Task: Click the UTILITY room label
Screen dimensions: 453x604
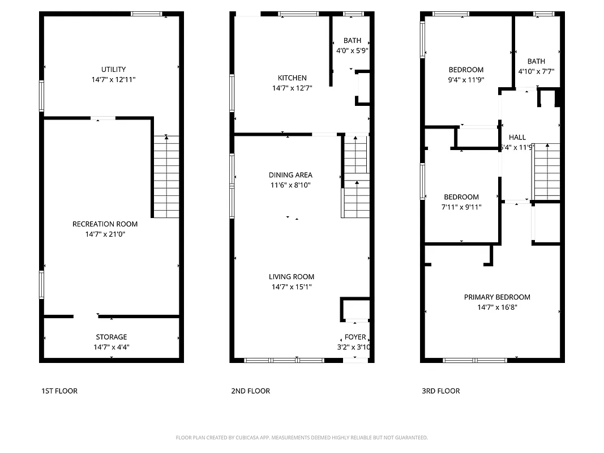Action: pos(113,70)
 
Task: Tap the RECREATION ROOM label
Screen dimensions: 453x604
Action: pos(105,224)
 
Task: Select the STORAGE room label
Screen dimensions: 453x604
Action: pos(111,337)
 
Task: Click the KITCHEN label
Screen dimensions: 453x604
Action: pos(292,78)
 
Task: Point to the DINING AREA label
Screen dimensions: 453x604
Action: pos(290,175)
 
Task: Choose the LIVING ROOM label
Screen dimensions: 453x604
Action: pos(291,277)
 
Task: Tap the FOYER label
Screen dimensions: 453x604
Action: pos(355,337)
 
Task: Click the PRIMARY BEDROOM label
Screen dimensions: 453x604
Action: pos(497,297)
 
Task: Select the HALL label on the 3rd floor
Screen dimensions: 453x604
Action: pos(517,138)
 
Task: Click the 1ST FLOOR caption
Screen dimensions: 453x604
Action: pos(59,391)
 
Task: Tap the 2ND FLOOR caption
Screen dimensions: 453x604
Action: pos(250,391)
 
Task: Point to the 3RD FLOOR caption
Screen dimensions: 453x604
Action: pos(440,391)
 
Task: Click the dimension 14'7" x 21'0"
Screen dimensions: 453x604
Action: pos(105,234)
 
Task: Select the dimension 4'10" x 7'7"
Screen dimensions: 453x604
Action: pos(536,71)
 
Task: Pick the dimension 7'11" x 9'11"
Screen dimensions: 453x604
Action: pos(461,207)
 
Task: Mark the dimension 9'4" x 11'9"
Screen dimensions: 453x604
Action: pos(465,80)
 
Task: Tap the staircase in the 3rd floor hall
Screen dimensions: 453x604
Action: pos(547,171)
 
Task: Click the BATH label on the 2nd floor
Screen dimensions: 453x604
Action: pos(352,41)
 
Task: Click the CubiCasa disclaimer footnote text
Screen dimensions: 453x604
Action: pos(302,438)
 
